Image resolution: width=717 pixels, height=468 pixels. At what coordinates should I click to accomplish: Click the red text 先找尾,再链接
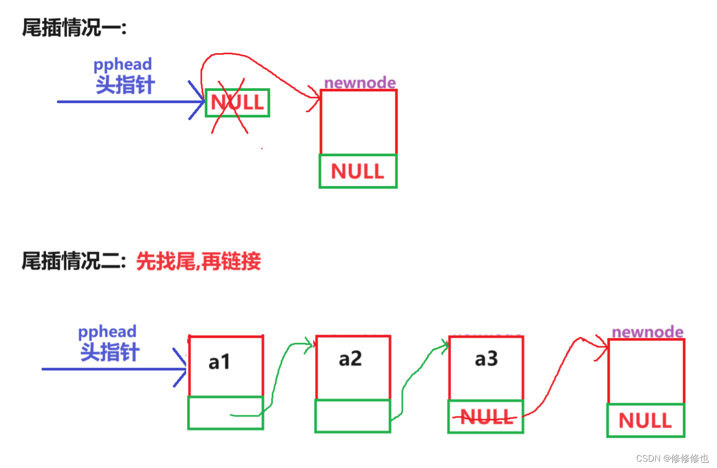[198, 261]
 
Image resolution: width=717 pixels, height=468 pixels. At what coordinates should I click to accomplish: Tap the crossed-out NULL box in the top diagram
[237, 102]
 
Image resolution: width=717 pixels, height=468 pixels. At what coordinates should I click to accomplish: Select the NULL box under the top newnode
[358, 171]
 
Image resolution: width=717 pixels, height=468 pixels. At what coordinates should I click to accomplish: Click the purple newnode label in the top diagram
[360, 82]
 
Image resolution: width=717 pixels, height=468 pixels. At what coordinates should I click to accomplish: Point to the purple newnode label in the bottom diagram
[647, 332]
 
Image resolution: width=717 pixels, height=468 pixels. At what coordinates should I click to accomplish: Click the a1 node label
[220, 362]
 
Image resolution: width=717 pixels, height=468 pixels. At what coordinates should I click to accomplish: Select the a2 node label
[350, 359]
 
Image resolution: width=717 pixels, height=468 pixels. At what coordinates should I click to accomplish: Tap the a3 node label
[486, 359]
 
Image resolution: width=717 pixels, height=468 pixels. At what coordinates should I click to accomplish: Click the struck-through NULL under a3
[486, 417]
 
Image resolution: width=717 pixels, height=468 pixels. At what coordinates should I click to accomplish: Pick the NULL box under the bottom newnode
[645, 421]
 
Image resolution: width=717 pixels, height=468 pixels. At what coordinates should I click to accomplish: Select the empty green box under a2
[352, 416]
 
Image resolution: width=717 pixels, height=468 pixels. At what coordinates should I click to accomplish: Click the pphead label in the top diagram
[123, 64]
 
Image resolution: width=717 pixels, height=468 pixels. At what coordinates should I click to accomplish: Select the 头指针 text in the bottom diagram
[109, 352]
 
